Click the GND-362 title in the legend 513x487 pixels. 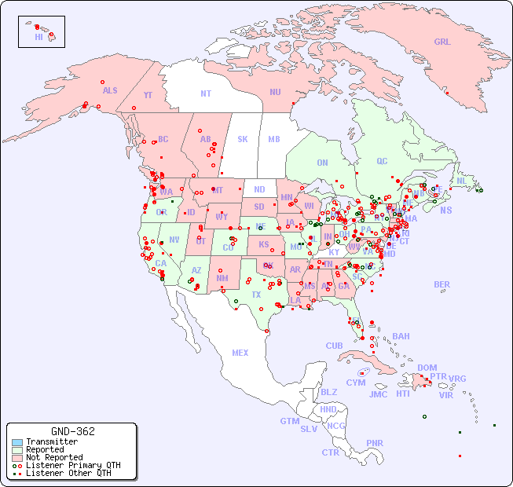point(72,431)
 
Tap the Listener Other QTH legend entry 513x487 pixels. point(68,473)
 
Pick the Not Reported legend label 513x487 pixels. point(54,457)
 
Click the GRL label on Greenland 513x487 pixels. point(442,42)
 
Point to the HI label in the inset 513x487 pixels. point(38,37)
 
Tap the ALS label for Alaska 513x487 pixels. point(110,91)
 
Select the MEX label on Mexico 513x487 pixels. point(240,353)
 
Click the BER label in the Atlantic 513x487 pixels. point(442,285)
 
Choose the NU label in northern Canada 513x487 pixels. point(275,93)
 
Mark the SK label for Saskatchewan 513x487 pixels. point(243,140)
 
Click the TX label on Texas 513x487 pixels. point(256,295)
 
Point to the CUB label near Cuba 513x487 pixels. point(335,346)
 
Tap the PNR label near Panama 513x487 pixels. point(375,443)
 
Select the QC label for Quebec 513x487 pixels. point(382,162)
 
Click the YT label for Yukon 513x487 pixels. point(148,95)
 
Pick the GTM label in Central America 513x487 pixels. point(289,422)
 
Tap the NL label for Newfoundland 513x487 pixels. point(462,181)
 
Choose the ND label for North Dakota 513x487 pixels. point(259,189)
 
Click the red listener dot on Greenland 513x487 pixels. point(446,93)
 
